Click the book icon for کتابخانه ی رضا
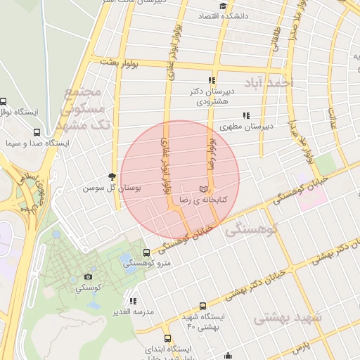point(204,189)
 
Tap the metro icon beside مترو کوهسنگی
point(146,252)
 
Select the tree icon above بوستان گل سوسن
point(112,176)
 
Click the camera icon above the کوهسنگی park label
point(88,277)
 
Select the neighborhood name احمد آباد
point(267,83)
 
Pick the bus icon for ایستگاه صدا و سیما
point(37,131)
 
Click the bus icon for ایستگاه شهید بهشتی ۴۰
point(203,306)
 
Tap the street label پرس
point(300,347)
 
